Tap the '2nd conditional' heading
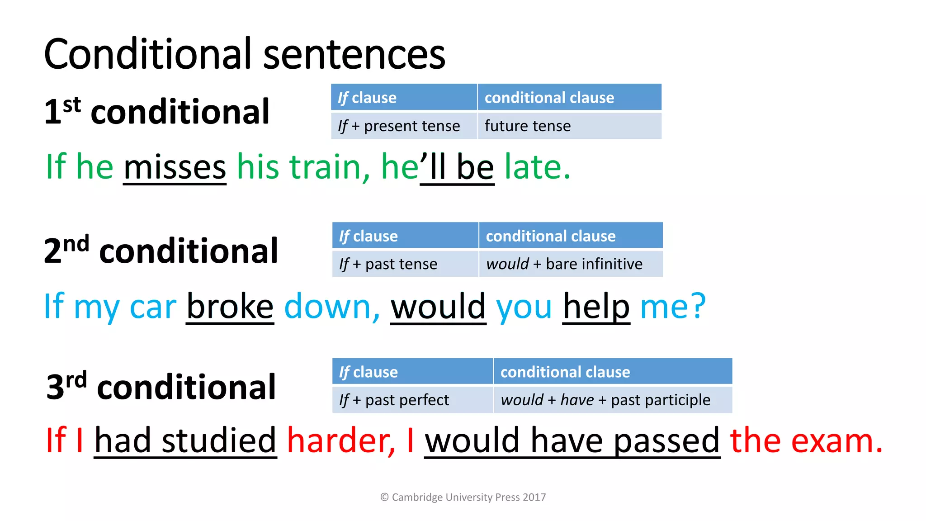tap(161, 251)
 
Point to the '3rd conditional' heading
tap(161, 387)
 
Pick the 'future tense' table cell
tap(527, 126)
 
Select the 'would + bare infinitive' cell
tap(564, 264)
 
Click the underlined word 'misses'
tap(175, 167)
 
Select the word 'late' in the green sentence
tap(534, 167)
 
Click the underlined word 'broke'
tap(230, 306)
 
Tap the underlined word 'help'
tap(596, 306)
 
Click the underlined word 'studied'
tap(219, 440)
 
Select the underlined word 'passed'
tap(666, 440)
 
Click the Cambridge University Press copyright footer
tap(463, 497)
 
